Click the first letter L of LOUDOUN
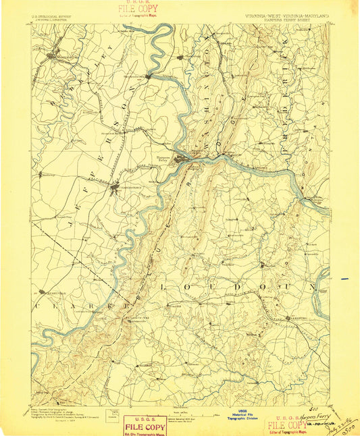click(163, 287)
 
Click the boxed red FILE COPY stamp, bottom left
click(144, 425)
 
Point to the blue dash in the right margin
click(346, 278)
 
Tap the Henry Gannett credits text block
click(58, 412)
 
